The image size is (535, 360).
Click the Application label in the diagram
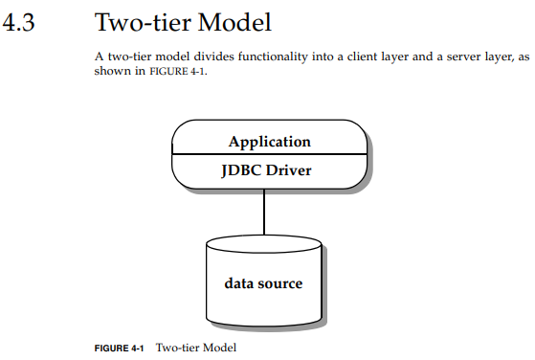(x=269, y=142)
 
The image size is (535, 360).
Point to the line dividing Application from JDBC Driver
(x=269, y=155)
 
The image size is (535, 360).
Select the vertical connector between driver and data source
(x=263, y=213)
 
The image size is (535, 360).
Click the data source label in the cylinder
(x=263, y=283)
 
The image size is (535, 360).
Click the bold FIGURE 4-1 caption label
(x=119, y=348)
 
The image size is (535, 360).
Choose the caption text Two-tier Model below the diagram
(x=195, y=348)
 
